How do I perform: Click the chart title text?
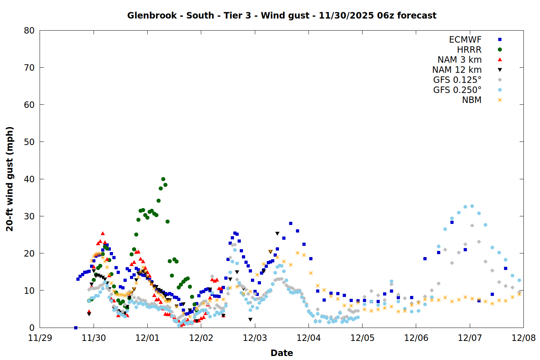[282, 15]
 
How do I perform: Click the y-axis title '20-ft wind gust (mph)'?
[10, 179]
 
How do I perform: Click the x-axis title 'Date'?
[282, 353]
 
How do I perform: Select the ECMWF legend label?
[465, 40]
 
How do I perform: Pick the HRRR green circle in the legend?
[500, 50]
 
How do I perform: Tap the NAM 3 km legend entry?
[459, 60]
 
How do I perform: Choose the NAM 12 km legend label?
[457, 70]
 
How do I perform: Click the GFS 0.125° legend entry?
[457, 80]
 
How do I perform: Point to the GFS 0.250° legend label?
[457, 90]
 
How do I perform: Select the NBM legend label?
[472, 100]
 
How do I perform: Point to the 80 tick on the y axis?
[29, 31]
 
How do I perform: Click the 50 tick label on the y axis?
[29, 142]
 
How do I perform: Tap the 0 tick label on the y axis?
[32, 328]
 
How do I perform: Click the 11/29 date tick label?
[40, 338]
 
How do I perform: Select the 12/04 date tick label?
[309, 338]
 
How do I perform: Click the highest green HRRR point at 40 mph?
[163, 179]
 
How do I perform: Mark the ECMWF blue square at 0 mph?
[76, 328]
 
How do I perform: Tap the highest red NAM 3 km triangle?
[103, 234]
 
